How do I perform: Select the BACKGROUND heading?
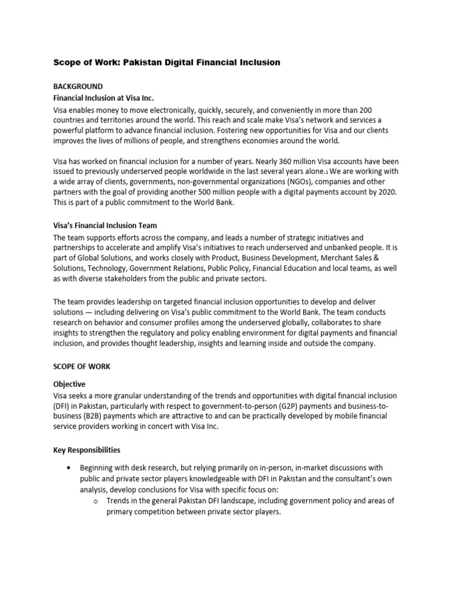[78, 86]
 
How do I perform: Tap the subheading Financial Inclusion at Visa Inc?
[103, 99]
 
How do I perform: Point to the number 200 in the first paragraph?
[381, 111]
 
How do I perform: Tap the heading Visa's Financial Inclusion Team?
[105, 226]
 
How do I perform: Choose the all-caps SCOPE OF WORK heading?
[81, 366]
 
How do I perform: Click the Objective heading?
[69, 384]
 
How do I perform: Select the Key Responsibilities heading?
[87, 449]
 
